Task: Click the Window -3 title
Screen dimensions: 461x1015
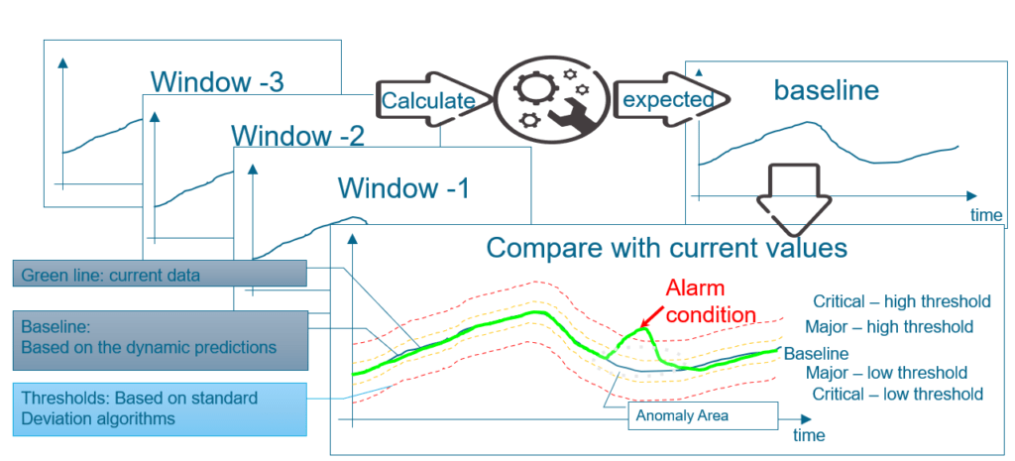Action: [217, 82]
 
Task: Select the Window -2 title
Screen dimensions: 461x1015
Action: [298, 135]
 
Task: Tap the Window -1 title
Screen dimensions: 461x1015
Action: [403, 187]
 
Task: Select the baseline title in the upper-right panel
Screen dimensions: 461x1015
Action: [826, 91]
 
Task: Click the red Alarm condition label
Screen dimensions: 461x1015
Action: [711, 301]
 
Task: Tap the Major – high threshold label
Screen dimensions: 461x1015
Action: [889, 326]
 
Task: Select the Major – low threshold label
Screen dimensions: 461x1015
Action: [886, 374]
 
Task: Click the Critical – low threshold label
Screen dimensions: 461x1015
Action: [898, 395]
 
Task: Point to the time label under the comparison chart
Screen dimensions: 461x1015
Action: [808, 435]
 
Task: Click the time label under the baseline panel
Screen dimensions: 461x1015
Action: [987, 213]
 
